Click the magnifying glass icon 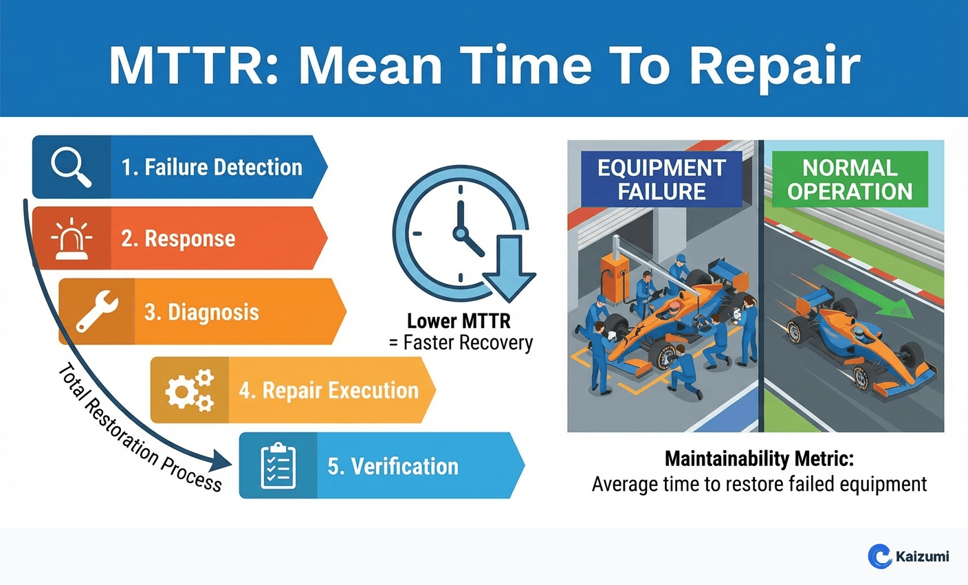tap(71, 167)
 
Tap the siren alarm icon tap(71, 239)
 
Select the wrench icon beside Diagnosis tap(96, 311)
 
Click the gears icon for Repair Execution tap(189, 390)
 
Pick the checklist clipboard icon tap(278, 466)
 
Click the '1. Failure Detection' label tap(212, 167)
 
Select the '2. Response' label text tap(178, 239)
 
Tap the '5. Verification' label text tap(393, 466)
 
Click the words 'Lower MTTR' tap(459, 321)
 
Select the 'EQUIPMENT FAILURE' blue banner tap(661, 180)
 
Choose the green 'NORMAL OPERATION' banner tap(850, 180)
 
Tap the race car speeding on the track tap(852, 344)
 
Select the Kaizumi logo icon tap(879, 556)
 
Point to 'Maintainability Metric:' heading tap(759, 459)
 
